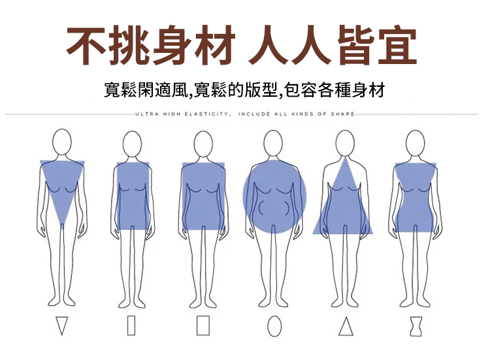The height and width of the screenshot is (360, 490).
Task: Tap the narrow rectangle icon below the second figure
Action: point(131,325)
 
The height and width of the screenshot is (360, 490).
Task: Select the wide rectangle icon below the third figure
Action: point(203,325)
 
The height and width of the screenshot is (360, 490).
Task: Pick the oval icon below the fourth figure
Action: point(274,327)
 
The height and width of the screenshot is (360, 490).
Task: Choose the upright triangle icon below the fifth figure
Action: point(346,326)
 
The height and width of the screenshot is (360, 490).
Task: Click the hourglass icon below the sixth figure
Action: point(416,326)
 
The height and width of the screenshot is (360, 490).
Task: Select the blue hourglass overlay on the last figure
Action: point(416,197)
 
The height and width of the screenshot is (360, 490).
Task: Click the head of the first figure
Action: point(62,142)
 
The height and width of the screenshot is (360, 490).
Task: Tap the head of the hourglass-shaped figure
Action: point(415,144)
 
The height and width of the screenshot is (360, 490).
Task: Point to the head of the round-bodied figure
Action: point(273,144)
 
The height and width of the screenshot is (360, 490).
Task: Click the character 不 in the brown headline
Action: point(86,45)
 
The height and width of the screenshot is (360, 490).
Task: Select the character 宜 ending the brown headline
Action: point(397,45)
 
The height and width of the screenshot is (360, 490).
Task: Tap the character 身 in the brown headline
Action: point(171,45)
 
